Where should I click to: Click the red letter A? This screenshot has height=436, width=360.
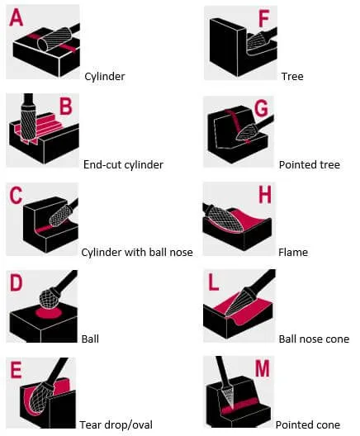[16, 17]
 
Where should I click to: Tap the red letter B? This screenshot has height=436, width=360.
[66, 107]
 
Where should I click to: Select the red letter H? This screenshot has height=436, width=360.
[265, 195]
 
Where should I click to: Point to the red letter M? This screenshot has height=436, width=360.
[262, 368]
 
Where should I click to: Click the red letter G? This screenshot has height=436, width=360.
[261, 108]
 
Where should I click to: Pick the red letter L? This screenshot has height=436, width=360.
[213, 282]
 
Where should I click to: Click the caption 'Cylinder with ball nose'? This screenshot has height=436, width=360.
[137, 252]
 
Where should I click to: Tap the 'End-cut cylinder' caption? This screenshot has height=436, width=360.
[123, 164]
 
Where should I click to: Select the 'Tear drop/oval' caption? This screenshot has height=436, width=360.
[116, 425]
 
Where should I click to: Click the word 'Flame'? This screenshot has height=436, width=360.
[293, 252]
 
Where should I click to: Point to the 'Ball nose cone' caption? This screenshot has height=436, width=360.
[314, 339]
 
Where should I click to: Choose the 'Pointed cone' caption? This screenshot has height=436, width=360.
[308, 425]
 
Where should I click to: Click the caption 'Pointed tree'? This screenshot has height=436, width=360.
[310, 164]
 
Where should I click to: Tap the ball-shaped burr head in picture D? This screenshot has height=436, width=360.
[49, 298]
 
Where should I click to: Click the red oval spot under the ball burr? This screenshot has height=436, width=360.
[48, 313]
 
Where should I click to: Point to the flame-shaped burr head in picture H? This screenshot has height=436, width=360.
[225, 220]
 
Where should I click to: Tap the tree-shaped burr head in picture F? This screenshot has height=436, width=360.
[256, 42]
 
